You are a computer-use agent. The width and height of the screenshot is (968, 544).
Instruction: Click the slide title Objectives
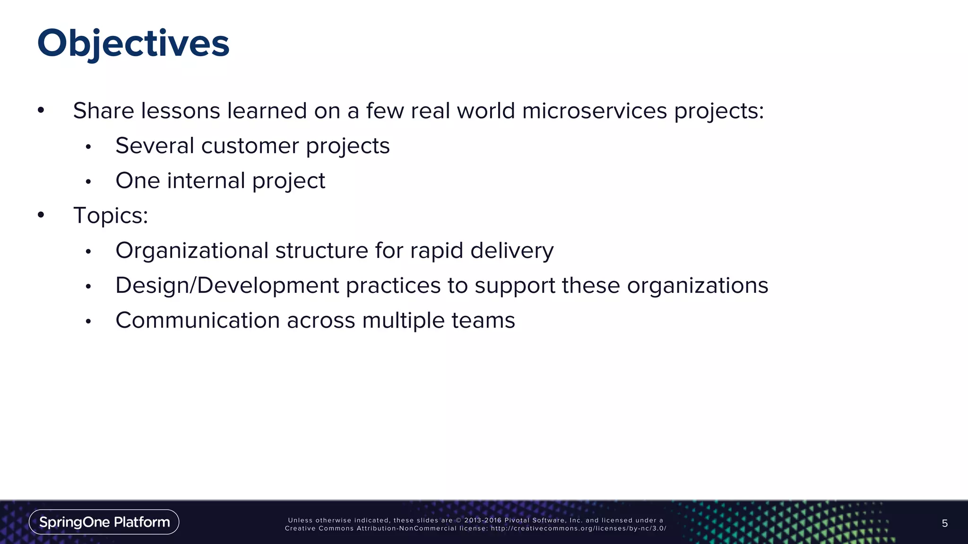133,43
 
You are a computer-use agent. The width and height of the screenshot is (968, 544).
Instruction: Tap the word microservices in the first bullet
595,111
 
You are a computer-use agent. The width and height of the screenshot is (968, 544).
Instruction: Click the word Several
155,145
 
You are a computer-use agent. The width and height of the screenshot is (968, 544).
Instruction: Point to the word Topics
107,216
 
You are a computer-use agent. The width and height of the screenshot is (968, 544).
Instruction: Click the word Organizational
192,250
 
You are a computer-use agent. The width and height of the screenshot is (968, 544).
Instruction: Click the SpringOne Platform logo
104,522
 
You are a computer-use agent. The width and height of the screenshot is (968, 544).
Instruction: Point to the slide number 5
944,523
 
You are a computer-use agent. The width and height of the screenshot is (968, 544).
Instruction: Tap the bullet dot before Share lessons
41,110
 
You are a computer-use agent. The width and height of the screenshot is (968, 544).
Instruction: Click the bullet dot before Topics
41,215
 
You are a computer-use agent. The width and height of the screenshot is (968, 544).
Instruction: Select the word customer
250,145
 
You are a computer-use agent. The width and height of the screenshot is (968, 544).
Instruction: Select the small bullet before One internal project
88,182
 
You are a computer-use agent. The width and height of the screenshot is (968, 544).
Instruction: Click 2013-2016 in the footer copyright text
483,520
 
